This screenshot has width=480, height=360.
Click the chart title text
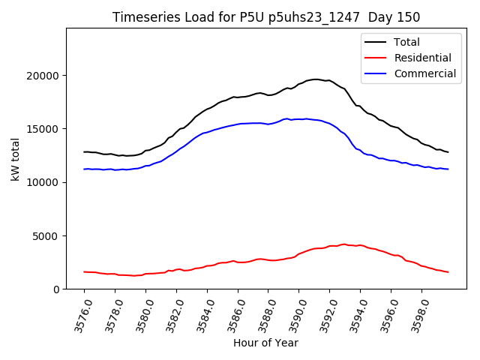point(266,17)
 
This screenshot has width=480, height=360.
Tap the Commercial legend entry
point(424,73)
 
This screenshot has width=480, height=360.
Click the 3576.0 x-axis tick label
point(78,314)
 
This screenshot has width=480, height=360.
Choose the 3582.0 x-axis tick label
point(170,314)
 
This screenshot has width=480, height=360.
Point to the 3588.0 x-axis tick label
point(262,314)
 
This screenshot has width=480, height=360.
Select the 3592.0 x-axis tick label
point(324,314)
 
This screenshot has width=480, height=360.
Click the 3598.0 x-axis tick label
point(416,314)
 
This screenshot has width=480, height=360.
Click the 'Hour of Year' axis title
point(265,343)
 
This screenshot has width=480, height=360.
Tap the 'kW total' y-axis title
point(15,159)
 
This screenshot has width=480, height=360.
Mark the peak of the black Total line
point(316,79)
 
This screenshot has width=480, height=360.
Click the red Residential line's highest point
point(344,244)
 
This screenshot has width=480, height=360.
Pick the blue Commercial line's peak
point(306,118)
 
